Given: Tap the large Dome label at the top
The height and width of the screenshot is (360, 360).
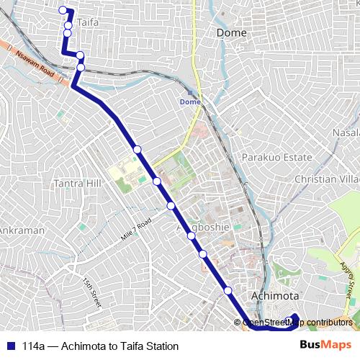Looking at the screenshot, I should [231, 32].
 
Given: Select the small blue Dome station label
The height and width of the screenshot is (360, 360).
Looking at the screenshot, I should [190, 102].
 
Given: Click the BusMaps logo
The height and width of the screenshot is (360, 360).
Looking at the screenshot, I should [328, 346].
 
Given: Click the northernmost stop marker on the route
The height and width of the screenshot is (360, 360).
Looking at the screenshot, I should [63, 10].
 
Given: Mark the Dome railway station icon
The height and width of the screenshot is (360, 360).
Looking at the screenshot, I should [190, 92].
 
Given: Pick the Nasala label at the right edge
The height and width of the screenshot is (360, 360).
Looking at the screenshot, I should [346, 133].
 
